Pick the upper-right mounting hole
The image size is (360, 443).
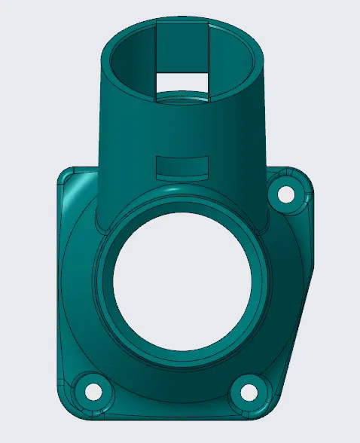[x=286, y=194]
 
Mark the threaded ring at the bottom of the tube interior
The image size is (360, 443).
[x=184, y=98]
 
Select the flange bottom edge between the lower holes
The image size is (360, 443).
[x=169, y=414]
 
